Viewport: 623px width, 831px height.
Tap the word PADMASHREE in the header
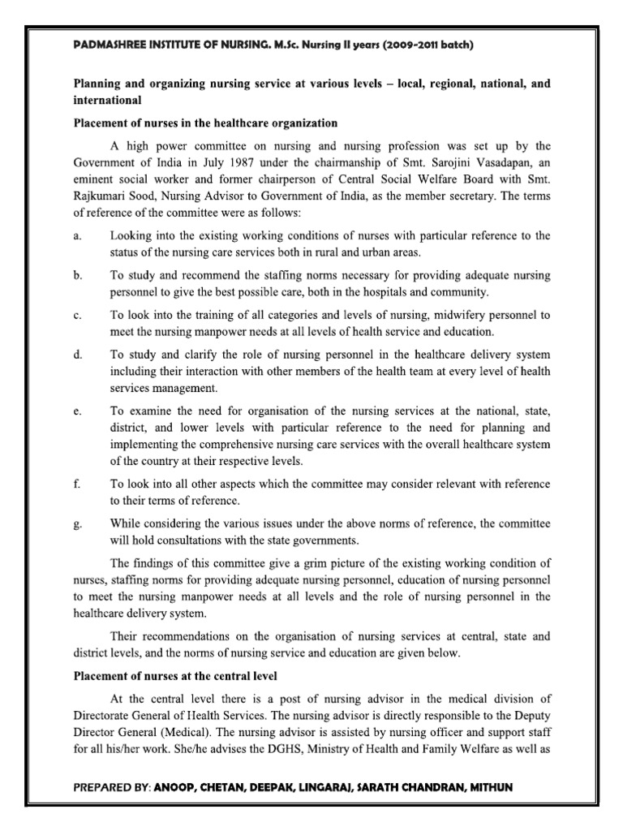click(x=108, y=45)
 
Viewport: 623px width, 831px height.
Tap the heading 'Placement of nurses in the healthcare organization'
click(x=205, y=123)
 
